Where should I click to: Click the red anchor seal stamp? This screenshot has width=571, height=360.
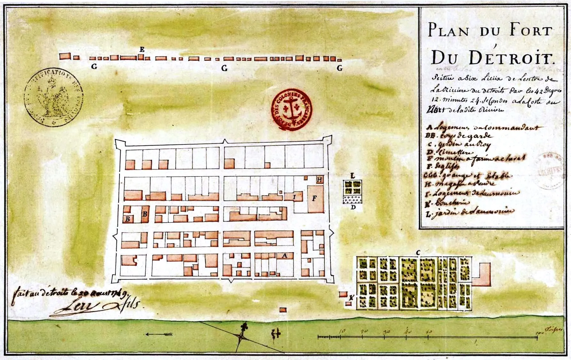pos(291,109)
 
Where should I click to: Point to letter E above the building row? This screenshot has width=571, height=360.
pos(142,50)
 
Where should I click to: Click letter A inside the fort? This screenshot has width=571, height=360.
pos(284,255)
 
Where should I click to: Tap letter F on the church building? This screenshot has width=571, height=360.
pos(314,199)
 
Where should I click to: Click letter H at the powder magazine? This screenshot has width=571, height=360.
pos(319,180)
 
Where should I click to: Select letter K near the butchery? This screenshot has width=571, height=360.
pos(351,298)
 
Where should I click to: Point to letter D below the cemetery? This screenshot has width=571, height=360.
pos(353,207)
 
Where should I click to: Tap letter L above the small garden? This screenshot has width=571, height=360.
pos(352,176)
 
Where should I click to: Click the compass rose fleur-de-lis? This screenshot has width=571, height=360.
pos(245,328)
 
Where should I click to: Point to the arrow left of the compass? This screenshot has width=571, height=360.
pos(159,334)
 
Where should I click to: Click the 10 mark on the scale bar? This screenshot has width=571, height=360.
pos(342,332)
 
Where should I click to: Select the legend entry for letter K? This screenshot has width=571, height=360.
pos(447,203)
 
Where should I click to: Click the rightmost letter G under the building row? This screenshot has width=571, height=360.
pos(339,68)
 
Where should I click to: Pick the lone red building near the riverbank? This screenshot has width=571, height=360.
pos(283,310)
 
